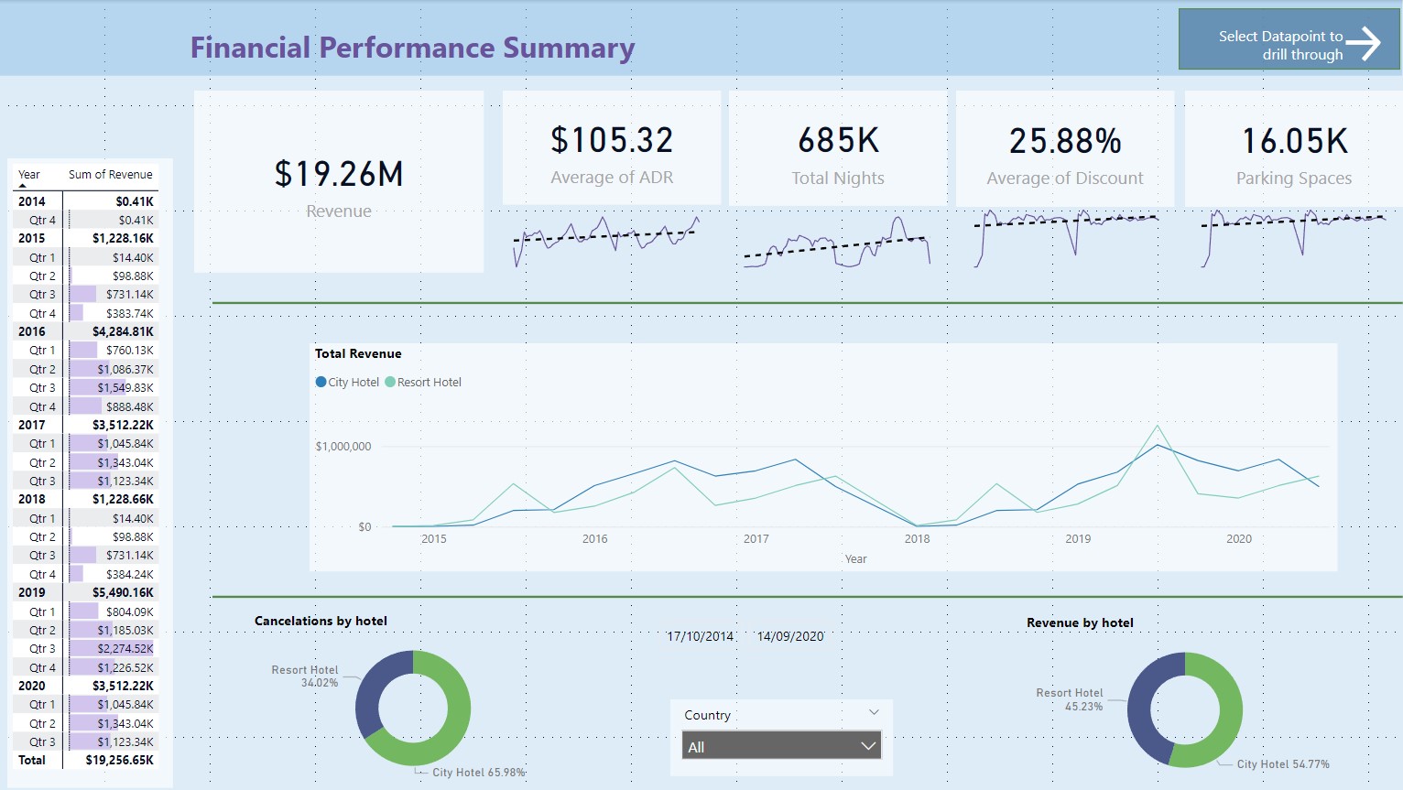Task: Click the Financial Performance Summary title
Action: tap(412, 48)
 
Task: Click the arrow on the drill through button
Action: tap(1364, 43)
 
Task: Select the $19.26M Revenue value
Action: tap(339, 174)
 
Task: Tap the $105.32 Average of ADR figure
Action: tap(612, 141)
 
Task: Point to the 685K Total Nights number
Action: tap(838, 141)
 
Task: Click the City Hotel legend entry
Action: tap(348, 383)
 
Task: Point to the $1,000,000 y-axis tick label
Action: tap(343, 447)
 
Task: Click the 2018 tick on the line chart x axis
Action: tap(917, 539)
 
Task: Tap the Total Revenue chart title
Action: tap(358, 353)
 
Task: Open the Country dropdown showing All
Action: tap(781, 747)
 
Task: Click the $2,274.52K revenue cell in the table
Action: tap(125, 649)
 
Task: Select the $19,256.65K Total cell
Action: tap(120, 760)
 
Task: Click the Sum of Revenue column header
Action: tap(110, 175)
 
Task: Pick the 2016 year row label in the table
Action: tap(32, 331)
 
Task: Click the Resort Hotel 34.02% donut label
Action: tap(305, 676)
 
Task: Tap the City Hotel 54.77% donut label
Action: tap(1282, 764)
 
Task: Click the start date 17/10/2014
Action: tap(700, 636)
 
